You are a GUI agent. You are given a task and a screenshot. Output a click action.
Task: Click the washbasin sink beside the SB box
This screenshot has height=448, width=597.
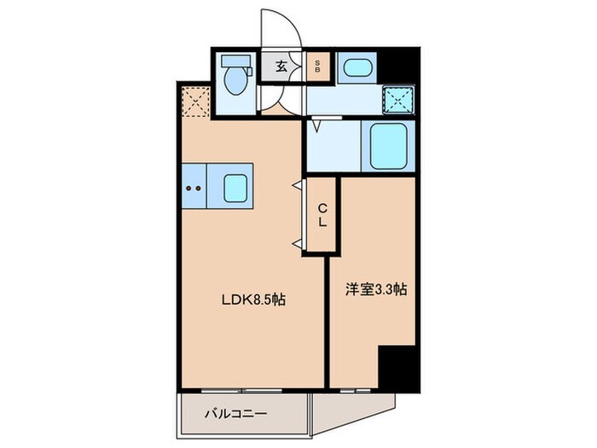pyautogui.click(x=354, y=67)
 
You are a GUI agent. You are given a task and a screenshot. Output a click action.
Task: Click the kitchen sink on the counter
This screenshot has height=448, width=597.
pyautogui.click(x=235, y=186)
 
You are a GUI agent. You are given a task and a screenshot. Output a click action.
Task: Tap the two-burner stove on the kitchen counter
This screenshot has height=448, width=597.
pyautogui.click(x=193, y=186)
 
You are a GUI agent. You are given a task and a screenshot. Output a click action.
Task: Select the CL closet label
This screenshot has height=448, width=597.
pyautogui.click(x=323, y=214)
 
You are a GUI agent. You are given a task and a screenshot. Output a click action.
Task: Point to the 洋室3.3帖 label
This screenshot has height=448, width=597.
pyautogui.click(x=375, y=290)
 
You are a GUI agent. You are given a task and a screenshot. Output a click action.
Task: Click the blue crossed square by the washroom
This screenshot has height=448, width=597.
pyautogui.click(x=397, y=99)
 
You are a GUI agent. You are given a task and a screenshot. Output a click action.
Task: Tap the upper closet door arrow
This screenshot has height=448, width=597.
pyautogui.click(x=299, y=184)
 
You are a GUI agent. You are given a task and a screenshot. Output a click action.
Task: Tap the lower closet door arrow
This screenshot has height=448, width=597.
pyautogui.click(x=299, y=245)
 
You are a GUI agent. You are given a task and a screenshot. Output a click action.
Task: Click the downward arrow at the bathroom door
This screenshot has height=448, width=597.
pyautogui.click(x=316, y=127)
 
